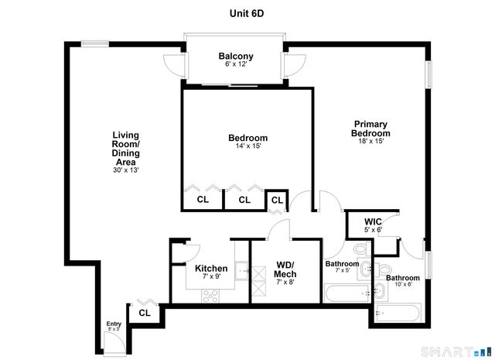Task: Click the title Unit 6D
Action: [x=247, y=12]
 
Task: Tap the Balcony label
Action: [x=236, y=57]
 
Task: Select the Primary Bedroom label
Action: [x=370, y=129]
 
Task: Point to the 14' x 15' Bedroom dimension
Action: [x=247, y=146]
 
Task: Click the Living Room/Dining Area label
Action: [x=125, y=148]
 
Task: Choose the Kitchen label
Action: [x=210, y=269]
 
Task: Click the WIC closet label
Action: [x=373, y=221]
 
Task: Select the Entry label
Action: [x=114, y=324]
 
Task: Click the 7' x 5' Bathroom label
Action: [x=343, y=264]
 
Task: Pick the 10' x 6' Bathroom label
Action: [x=403, y=278]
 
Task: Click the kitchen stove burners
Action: [x=210, y=294]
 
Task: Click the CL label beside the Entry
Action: [x=145, y=314]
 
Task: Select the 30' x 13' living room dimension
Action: [x=125, y=170]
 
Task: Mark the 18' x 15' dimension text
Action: [x=370, y=141]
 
